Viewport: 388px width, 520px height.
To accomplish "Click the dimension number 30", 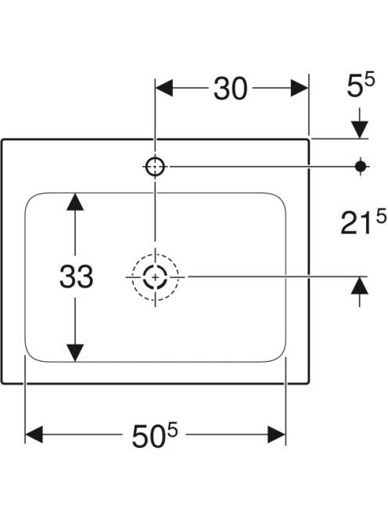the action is [x=230, y=88].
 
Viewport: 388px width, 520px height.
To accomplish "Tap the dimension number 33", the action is [x=76, y=276].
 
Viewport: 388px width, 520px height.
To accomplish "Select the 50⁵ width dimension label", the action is [x=154, y=434].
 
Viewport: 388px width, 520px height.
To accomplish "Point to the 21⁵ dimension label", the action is [x=363, y=223].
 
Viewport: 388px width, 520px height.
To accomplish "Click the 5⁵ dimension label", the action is [x=361, y=85].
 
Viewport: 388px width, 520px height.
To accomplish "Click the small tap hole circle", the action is [x=155, y=167].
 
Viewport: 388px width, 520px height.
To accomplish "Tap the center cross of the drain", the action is [x=155, y=277].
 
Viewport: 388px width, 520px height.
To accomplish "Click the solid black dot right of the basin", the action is [x=361, y=166].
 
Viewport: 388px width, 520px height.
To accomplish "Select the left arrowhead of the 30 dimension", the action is [x=164, y=88].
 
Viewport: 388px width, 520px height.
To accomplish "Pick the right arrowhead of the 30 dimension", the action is [x=300, y=88].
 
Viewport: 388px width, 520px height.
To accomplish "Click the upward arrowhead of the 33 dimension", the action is [x=75, y=202].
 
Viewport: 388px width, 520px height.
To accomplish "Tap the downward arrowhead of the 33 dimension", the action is [x=75, y=353].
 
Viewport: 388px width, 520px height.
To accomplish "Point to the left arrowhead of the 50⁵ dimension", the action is [x=34, y=435].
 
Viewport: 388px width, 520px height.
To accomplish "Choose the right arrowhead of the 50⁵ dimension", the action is [x=277, y=435].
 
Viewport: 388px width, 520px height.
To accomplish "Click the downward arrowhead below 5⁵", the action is [x=360, y=130].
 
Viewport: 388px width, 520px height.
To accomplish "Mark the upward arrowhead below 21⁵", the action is [x=360, y=286].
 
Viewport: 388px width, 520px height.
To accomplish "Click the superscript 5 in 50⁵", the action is [x=172, y=429].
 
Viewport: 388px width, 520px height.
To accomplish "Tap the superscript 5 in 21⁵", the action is [x=381, y=218].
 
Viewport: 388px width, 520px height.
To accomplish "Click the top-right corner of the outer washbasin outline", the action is [x=308, y=140].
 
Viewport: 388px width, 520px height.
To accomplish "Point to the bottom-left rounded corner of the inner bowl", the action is [x=29, y=356].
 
